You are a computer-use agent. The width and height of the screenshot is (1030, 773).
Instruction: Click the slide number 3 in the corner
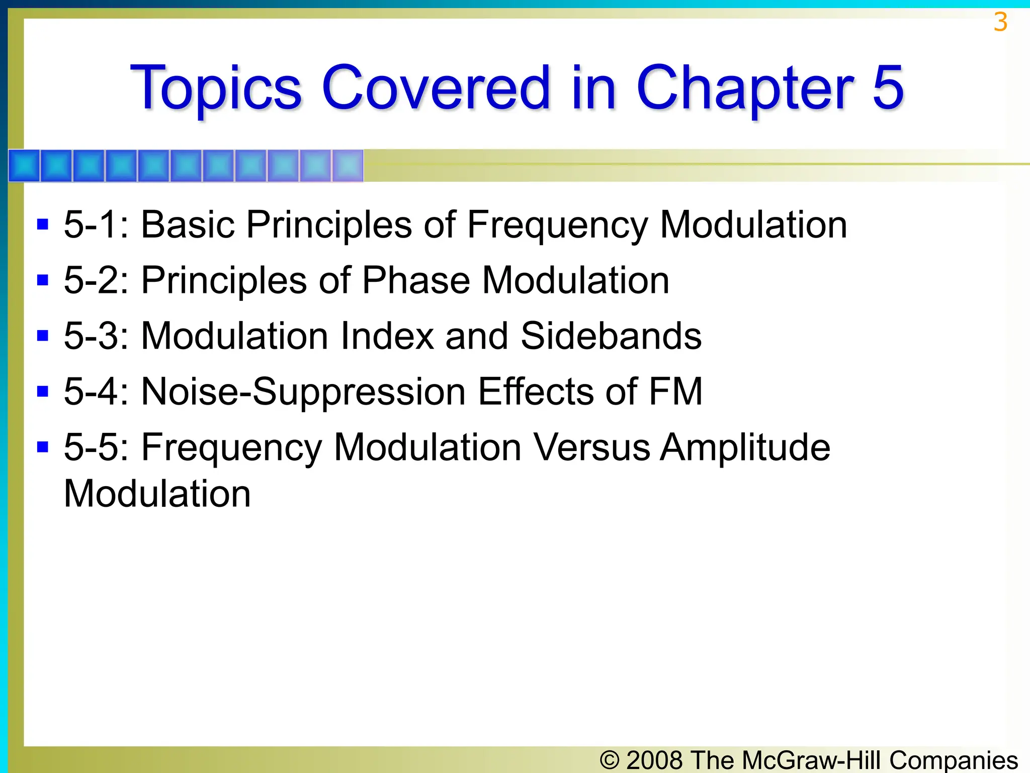coord(1000,23)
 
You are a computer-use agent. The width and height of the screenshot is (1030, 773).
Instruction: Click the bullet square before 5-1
coord(43,224)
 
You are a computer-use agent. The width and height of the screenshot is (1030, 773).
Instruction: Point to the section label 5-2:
coord(96,280)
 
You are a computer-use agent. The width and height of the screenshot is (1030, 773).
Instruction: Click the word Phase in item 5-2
coord(416,280)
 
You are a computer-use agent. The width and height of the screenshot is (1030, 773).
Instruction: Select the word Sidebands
coord(611,336)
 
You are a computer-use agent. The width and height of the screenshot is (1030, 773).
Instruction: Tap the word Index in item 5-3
coord(387,336)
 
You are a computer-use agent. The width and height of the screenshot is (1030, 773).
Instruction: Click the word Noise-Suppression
coord(303,392)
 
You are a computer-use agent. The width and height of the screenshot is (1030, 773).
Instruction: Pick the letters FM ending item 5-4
coord(675,392)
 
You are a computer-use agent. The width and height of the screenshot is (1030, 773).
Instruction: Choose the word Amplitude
coord(745,448)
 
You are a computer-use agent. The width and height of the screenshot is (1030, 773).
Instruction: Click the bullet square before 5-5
coord(43,447)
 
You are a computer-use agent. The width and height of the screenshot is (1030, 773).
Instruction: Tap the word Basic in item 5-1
coord(188,224)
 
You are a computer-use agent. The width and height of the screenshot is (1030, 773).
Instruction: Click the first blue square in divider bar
coord(24,166)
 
